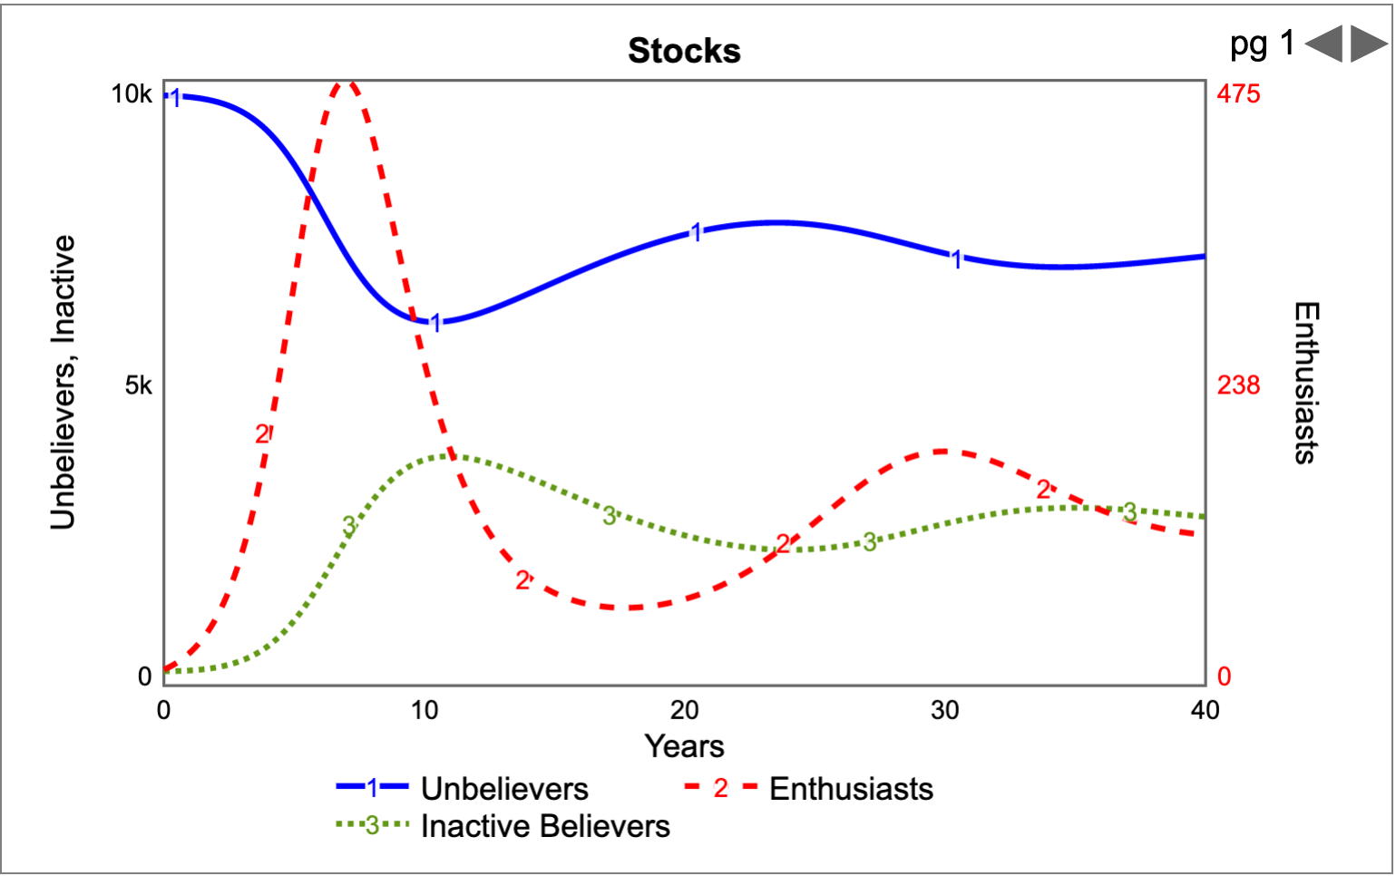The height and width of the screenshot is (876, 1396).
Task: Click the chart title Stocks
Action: [x=684, y=51]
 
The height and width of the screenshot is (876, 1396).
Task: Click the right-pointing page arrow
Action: [x=1369, y=44]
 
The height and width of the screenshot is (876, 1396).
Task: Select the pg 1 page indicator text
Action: [x=1262, y=44]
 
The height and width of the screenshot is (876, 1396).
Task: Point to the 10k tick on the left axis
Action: [x=132, y=93]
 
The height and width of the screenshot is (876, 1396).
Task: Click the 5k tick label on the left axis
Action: [x=139, y=385]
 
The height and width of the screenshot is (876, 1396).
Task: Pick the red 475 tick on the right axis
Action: [x=1238, y=93]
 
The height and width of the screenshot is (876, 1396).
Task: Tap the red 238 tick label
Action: [x=1238, y=385]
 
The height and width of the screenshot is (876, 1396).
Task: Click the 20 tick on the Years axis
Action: [x=684, y=710]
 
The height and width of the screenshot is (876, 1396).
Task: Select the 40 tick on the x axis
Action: [x=1205, y=710]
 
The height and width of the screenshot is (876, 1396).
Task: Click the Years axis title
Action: [x=684, y=746]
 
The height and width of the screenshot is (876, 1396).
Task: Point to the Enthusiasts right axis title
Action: [x=1304, y=383]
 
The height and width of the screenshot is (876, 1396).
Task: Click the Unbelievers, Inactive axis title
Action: [x=63, y=383]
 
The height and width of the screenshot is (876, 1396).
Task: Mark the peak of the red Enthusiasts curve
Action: [x=347, y=83]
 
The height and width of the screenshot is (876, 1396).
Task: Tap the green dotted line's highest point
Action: [x=450, y=455]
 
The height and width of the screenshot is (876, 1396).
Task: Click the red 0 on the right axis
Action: [x=1224, y=676]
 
